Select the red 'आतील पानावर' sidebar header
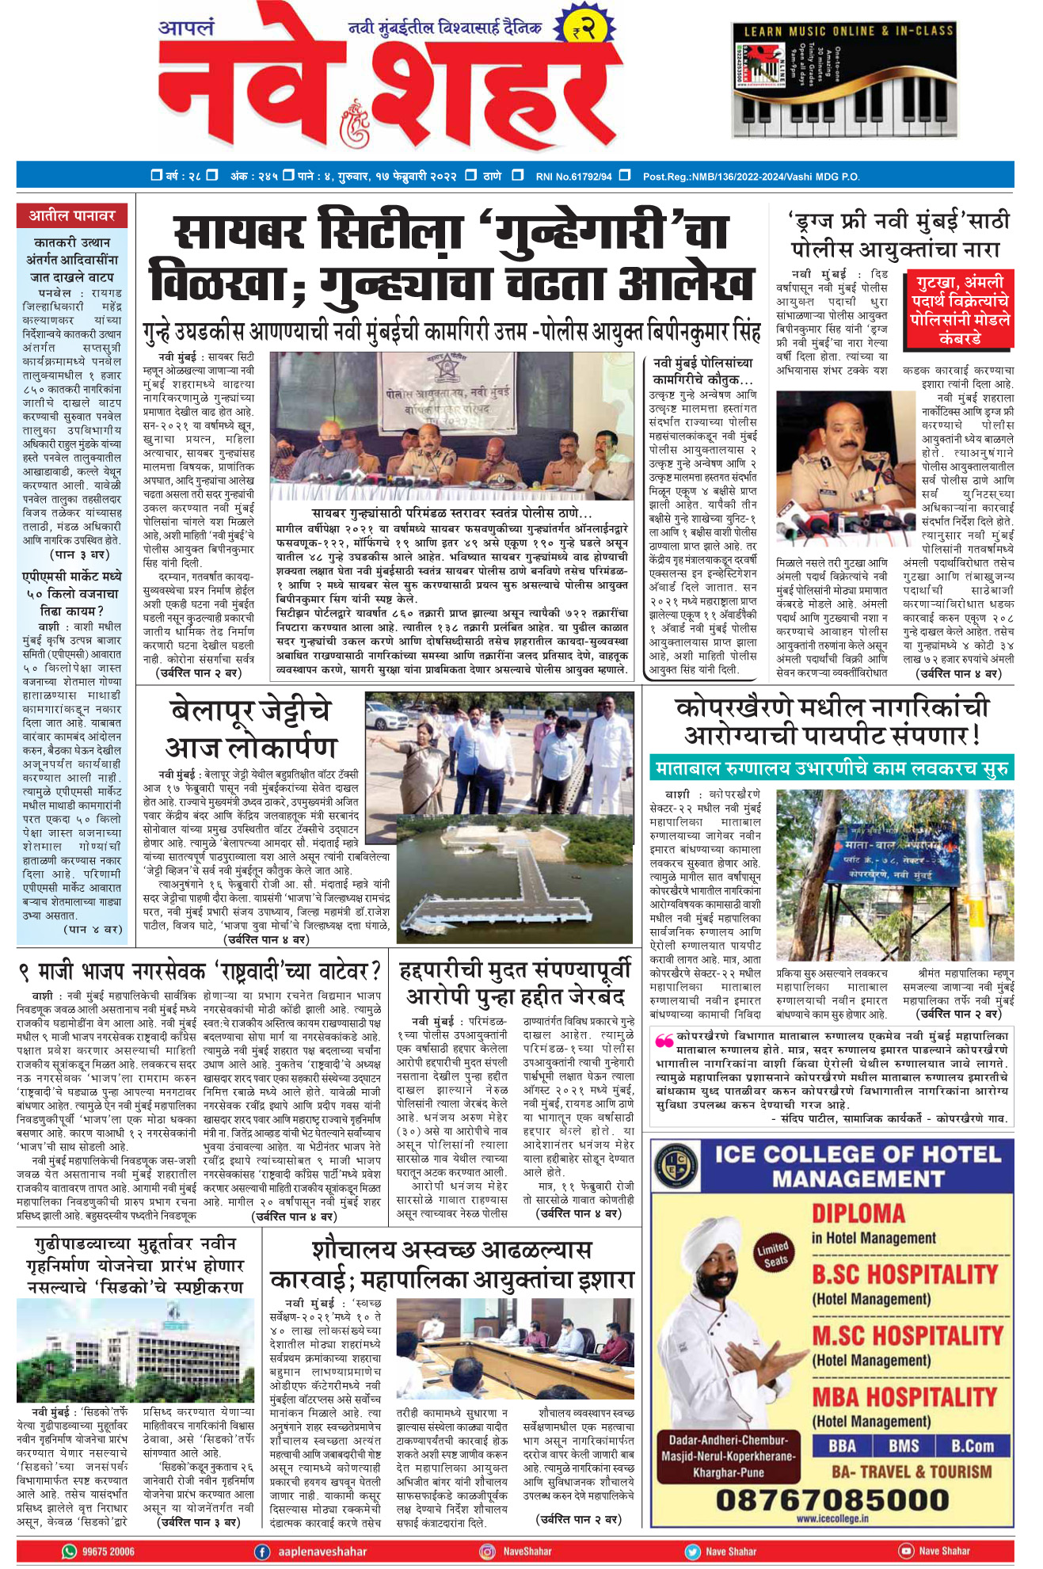(72, 215)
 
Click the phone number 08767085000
(832, 1499)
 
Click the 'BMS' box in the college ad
(903, 1446)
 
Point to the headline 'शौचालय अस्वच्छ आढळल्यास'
(451, 1251)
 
